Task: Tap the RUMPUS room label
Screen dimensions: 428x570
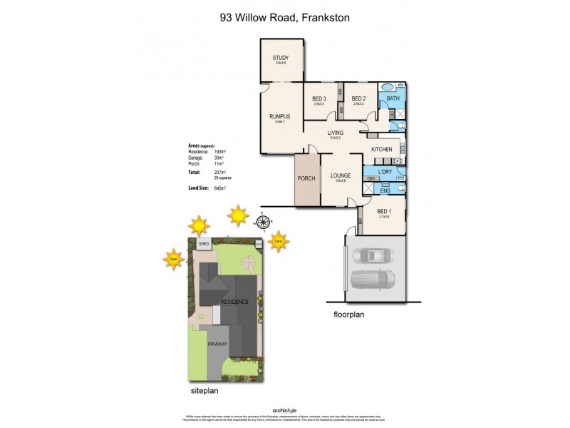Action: pos(279,116)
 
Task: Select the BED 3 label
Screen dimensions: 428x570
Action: pos(319,98)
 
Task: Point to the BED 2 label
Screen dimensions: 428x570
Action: pos(358,98)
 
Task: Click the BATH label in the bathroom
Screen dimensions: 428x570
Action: pos(392,98)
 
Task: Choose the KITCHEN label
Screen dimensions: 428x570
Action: pos(382,148)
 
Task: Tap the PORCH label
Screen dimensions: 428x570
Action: pos(306,178)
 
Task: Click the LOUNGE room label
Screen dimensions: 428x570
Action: pos(340,175)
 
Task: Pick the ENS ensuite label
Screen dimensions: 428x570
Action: pos(384,190)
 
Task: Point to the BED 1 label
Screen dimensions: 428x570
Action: pos(384,211)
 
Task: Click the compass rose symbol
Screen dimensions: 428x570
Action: pos(261,223)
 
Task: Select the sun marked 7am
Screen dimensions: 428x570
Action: pos(279,242)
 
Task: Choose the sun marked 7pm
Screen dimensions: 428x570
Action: pos(173,259)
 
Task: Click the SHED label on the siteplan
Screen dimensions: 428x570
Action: pos(204,244)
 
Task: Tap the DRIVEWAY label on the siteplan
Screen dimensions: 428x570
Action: pos(217,345)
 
